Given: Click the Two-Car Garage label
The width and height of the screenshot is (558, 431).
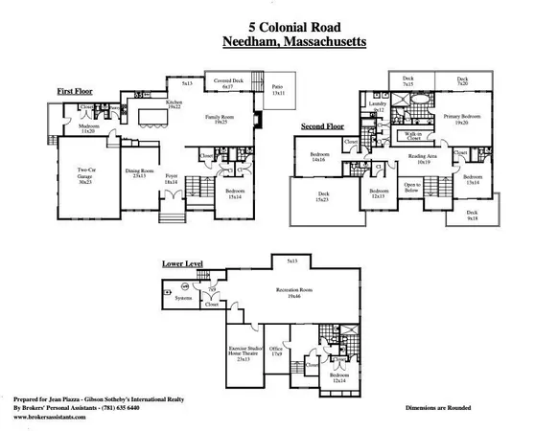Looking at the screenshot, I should click(x=86, y=177).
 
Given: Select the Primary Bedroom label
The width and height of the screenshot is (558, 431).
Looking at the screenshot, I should click(x=455, y=120).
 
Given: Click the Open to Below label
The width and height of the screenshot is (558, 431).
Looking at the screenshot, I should click(x=412, y=187).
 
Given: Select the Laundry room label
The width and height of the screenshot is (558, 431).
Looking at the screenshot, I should click(x=377, y=106).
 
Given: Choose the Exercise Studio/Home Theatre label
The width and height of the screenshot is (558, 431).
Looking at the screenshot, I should click(x=244, y=353).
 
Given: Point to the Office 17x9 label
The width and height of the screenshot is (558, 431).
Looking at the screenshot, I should click(x=276, y=352).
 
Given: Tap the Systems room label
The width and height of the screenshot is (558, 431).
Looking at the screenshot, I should click(x=182, y=298).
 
